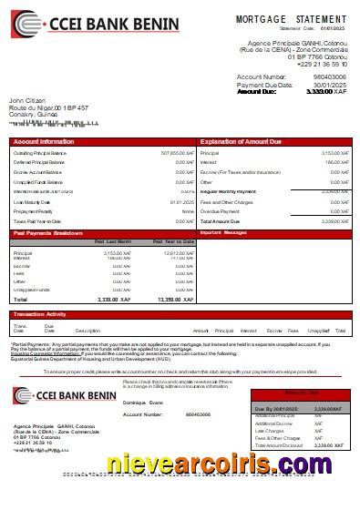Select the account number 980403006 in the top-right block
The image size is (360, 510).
point(329,77)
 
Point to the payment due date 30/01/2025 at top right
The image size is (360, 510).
point(330,85)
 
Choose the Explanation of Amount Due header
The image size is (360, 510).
point(242,141)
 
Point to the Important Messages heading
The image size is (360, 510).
point(223,233)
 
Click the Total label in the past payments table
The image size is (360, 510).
point(21,299)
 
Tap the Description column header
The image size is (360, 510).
point(87,331)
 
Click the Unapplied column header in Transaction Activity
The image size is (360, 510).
point(318,331)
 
